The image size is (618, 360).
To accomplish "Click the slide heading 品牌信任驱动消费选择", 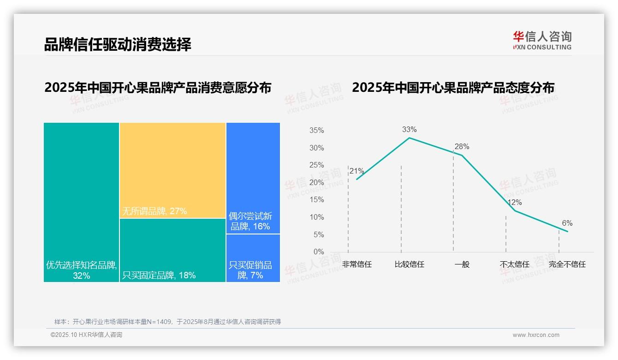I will point(118,44).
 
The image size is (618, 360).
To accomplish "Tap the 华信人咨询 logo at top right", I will point(542,40).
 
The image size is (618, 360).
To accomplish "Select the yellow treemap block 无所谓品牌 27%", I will point(172,170).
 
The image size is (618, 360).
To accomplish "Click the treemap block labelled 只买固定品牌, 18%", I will point(172,250).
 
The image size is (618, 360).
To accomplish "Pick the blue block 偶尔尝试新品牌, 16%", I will point(253,178).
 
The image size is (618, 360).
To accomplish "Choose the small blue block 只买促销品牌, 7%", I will point(253,258).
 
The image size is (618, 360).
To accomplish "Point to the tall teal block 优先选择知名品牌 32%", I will point(81,202).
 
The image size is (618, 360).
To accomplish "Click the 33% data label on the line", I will point(409,129).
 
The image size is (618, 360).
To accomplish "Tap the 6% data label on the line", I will point(567,223).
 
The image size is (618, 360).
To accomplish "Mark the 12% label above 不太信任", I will point(514,202).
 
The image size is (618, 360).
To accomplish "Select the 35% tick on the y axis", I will point(316,131).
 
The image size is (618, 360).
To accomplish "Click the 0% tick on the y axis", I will point(319,252).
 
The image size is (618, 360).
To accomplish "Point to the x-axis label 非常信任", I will point(357,264).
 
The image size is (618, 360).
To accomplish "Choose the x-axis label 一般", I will point(462,264).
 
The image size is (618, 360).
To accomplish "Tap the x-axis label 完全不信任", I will point(567,264).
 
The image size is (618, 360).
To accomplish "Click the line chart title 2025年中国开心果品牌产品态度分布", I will point(453,88).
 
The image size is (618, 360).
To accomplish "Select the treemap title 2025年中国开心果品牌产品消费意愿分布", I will point(158,88).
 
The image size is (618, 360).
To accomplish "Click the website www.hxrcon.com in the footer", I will point(536,335).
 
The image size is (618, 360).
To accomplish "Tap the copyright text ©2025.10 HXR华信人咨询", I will point(86,335).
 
